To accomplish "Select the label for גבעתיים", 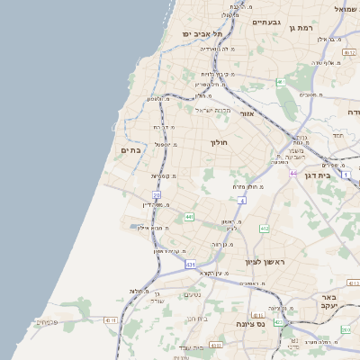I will (x=267, y=22).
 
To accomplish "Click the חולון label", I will (x=220, y=142).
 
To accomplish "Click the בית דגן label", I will (x=338, y=176).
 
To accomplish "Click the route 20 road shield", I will (x=157, y=194).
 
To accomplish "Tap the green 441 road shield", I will (x=189, y=217).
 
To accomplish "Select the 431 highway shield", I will (x=190, y=265).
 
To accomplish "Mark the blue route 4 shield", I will (x=242, y=201).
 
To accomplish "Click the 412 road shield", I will (x=264, y=229).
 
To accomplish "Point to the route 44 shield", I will (x=292, y=173).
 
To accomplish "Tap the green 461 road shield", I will (x=281, y=82).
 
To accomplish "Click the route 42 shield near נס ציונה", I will (x=278, y=321).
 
